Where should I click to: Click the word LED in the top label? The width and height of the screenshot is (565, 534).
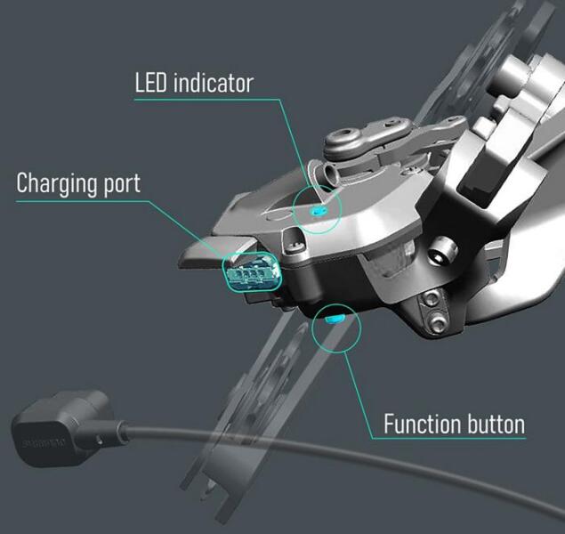pos(150,83)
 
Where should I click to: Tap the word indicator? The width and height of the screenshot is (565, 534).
pos(214,83)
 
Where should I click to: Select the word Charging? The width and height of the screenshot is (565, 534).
pos(56,183)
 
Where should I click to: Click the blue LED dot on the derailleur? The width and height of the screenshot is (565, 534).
pos(318,210)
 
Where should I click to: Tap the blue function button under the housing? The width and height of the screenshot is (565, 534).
pos(335,319)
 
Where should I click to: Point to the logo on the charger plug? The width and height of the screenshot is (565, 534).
pos(44,442)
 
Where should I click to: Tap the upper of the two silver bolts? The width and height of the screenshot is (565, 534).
pos(431,299)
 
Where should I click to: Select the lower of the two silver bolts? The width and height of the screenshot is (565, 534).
pos(437,321)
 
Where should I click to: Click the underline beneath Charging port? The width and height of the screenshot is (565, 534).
pos(82,201)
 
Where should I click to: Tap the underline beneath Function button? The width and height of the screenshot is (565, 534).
pos(449,438)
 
